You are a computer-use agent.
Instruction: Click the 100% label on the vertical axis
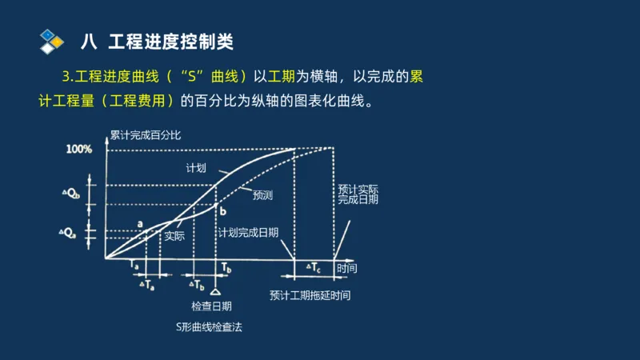pos(79,149)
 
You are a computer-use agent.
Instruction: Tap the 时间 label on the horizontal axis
pos(347,267)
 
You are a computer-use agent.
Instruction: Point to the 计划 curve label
pos(196,168)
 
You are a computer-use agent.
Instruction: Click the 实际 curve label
pos(174,236)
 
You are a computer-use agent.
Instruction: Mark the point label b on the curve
pos(223,210)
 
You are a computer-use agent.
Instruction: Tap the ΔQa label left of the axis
pos(70,234)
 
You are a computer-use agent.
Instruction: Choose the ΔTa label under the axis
pos(146,284)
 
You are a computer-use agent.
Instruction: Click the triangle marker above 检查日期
pos(215,290)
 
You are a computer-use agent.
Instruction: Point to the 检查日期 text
pos(211,306)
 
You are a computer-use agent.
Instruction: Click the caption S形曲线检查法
pos(209,326)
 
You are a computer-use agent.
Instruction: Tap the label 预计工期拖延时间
pos(310,295)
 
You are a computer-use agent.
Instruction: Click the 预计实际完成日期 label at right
pos(358,194)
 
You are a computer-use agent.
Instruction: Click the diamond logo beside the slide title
pos(52,40)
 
